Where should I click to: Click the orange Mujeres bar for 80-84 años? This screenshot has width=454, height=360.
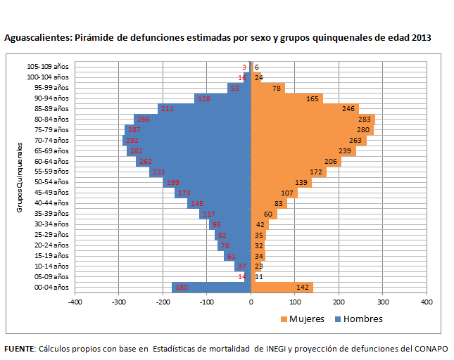pyautogui.click(x=313, y=120)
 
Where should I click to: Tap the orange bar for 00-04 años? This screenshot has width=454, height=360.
pyautogui.click(x=282, y=287)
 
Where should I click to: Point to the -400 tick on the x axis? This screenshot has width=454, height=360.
pyautogui.click(x=75, y=302)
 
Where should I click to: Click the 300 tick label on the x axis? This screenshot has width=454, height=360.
pyautogui.click(x=382, y=302)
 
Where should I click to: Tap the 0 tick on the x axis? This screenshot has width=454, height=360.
pyautogui.click(x=251, y=302)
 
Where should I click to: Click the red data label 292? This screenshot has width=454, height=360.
pyautogui.click(x=132, y=141)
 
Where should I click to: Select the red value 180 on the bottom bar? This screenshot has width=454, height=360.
pyautogui.click(x=182, y=287)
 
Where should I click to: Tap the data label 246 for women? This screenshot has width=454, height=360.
pyautogui.click(x=348, y=109)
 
